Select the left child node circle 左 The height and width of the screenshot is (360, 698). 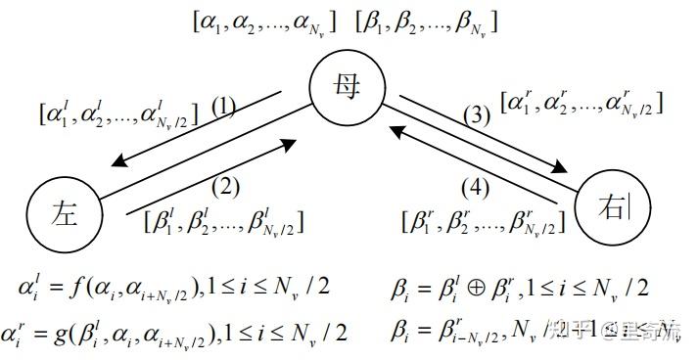(64, 210)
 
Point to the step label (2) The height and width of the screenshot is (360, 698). (224, 182)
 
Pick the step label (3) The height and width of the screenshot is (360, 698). (476, 115)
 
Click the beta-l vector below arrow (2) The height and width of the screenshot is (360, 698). (222, 220)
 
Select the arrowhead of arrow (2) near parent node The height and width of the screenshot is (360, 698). (288, 145)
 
